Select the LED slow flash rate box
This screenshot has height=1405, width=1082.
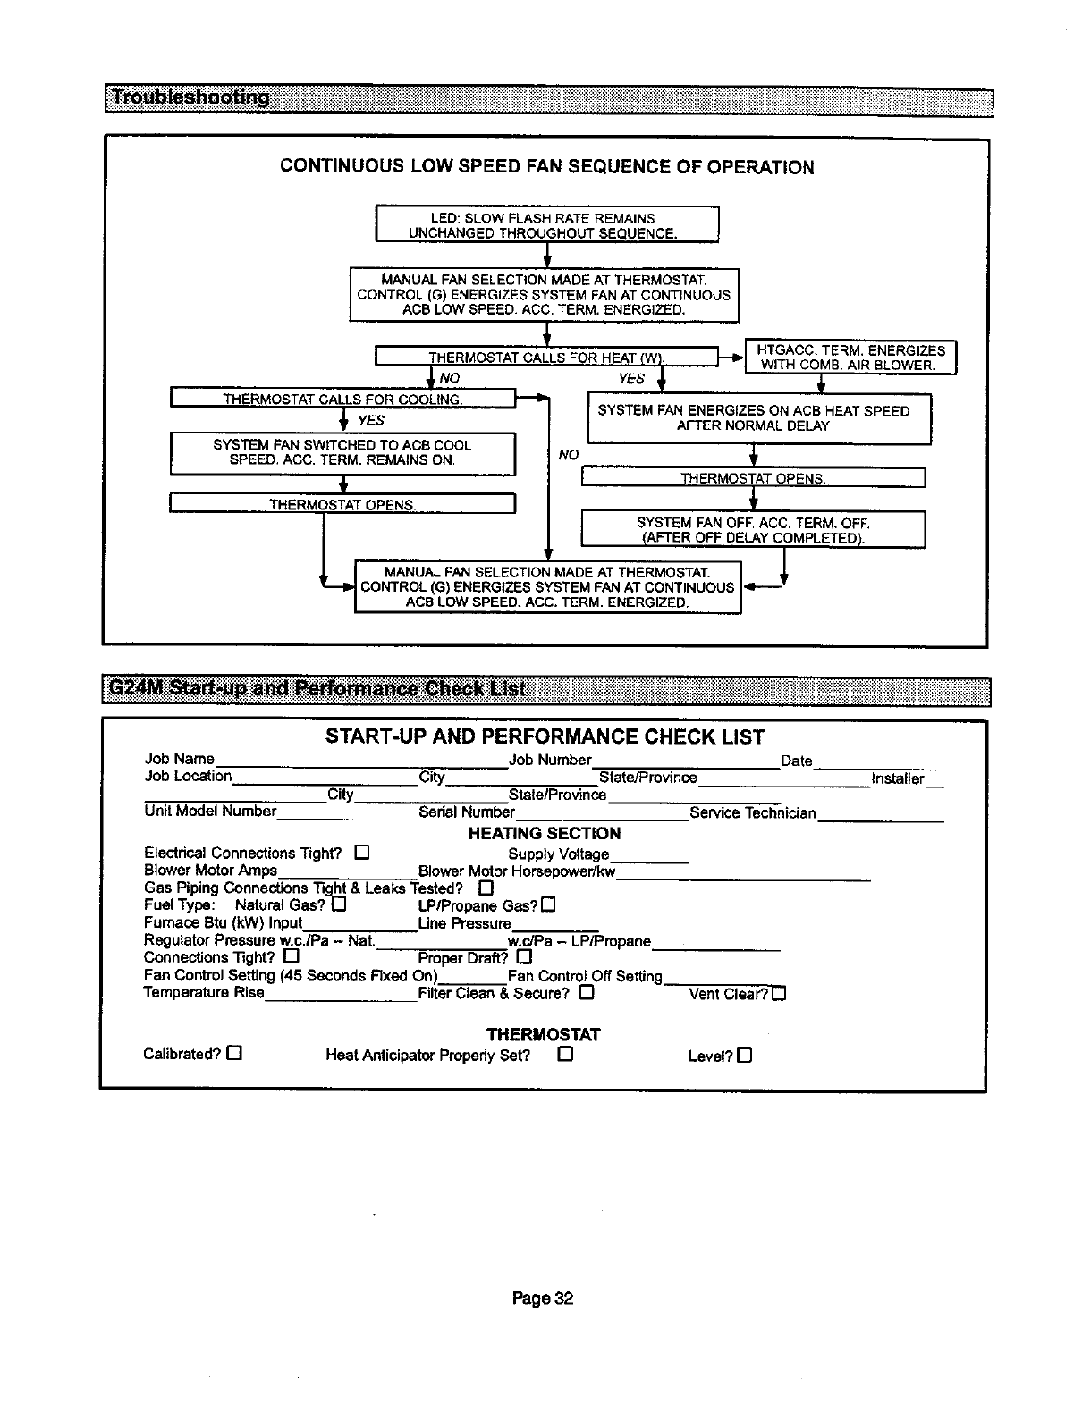[x=546, y=225]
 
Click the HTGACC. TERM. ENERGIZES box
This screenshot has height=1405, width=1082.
[x=850, y=358]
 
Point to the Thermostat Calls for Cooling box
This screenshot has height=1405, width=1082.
[x=342, y=399]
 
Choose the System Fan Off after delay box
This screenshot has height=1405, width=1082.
[x=753, y=530]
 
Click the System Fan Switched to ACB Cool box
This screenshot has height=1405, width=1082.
[x=342, y=453]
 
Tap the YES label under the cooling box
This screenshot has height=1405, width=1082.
[x=370, y=420]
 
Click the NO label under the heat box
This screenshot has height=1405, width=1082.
[x=448, y=379]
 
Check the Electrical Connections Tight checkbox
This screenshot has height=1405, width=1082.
[x=361, y=852]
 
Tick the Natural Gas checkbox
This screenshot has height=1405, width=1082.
[x=339, y=904]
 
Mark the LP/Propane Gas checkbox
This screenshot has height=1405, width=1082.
[x=548, y=905]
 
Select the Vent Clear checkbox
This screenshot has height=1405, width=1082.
[x=779, y=994]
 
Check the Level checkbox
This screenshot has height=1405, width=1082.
[x=745, y=1056]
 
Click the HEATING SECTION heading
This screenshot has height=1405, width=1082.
[x=544, y=834]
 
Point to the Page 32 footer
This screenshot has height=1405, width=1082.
[x=542, y=1299]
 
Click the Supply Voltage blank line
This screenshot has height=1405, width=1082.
[x=649, y=858]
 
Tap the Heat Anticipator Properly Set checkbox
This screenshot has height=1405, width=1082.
[x=564, y=1055]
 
